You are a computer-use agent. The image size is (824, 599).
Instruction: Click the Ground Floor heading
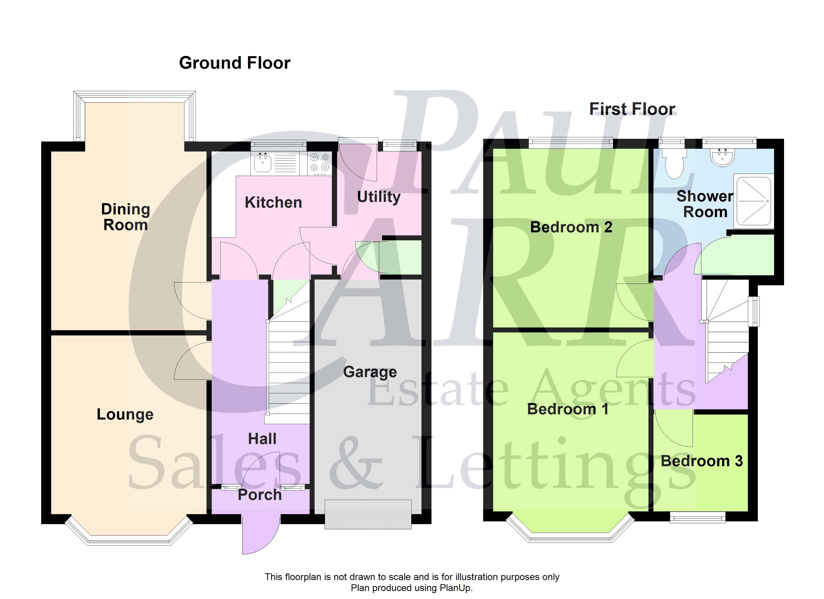coord(235,63)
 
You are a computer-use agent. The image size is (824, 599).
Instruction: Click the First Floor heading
coord(632,109)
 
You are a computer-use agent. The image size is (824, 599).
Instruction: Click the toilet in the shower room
coord(674,164)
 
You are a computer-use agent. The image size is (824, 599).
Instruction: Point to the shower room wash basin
coord(723,157)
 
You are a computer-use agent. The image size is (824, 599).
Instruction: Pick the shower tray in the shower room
coord(753,202)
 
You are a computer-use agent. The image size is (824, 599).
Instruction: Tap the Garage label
coord(370,372)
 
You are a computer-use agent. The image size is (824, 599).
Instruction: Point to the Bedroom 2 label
coord(571,227)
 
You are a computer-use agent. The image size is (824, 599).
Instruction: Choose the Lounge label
coord(125,415)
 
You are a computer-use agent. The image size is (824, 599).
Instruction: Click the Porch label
coord(260,495)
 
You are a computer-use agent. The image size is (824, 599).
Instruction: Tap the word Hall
coord(262,439)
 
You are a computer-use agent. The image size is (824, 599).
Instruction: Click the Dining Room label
coord(125,217)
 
